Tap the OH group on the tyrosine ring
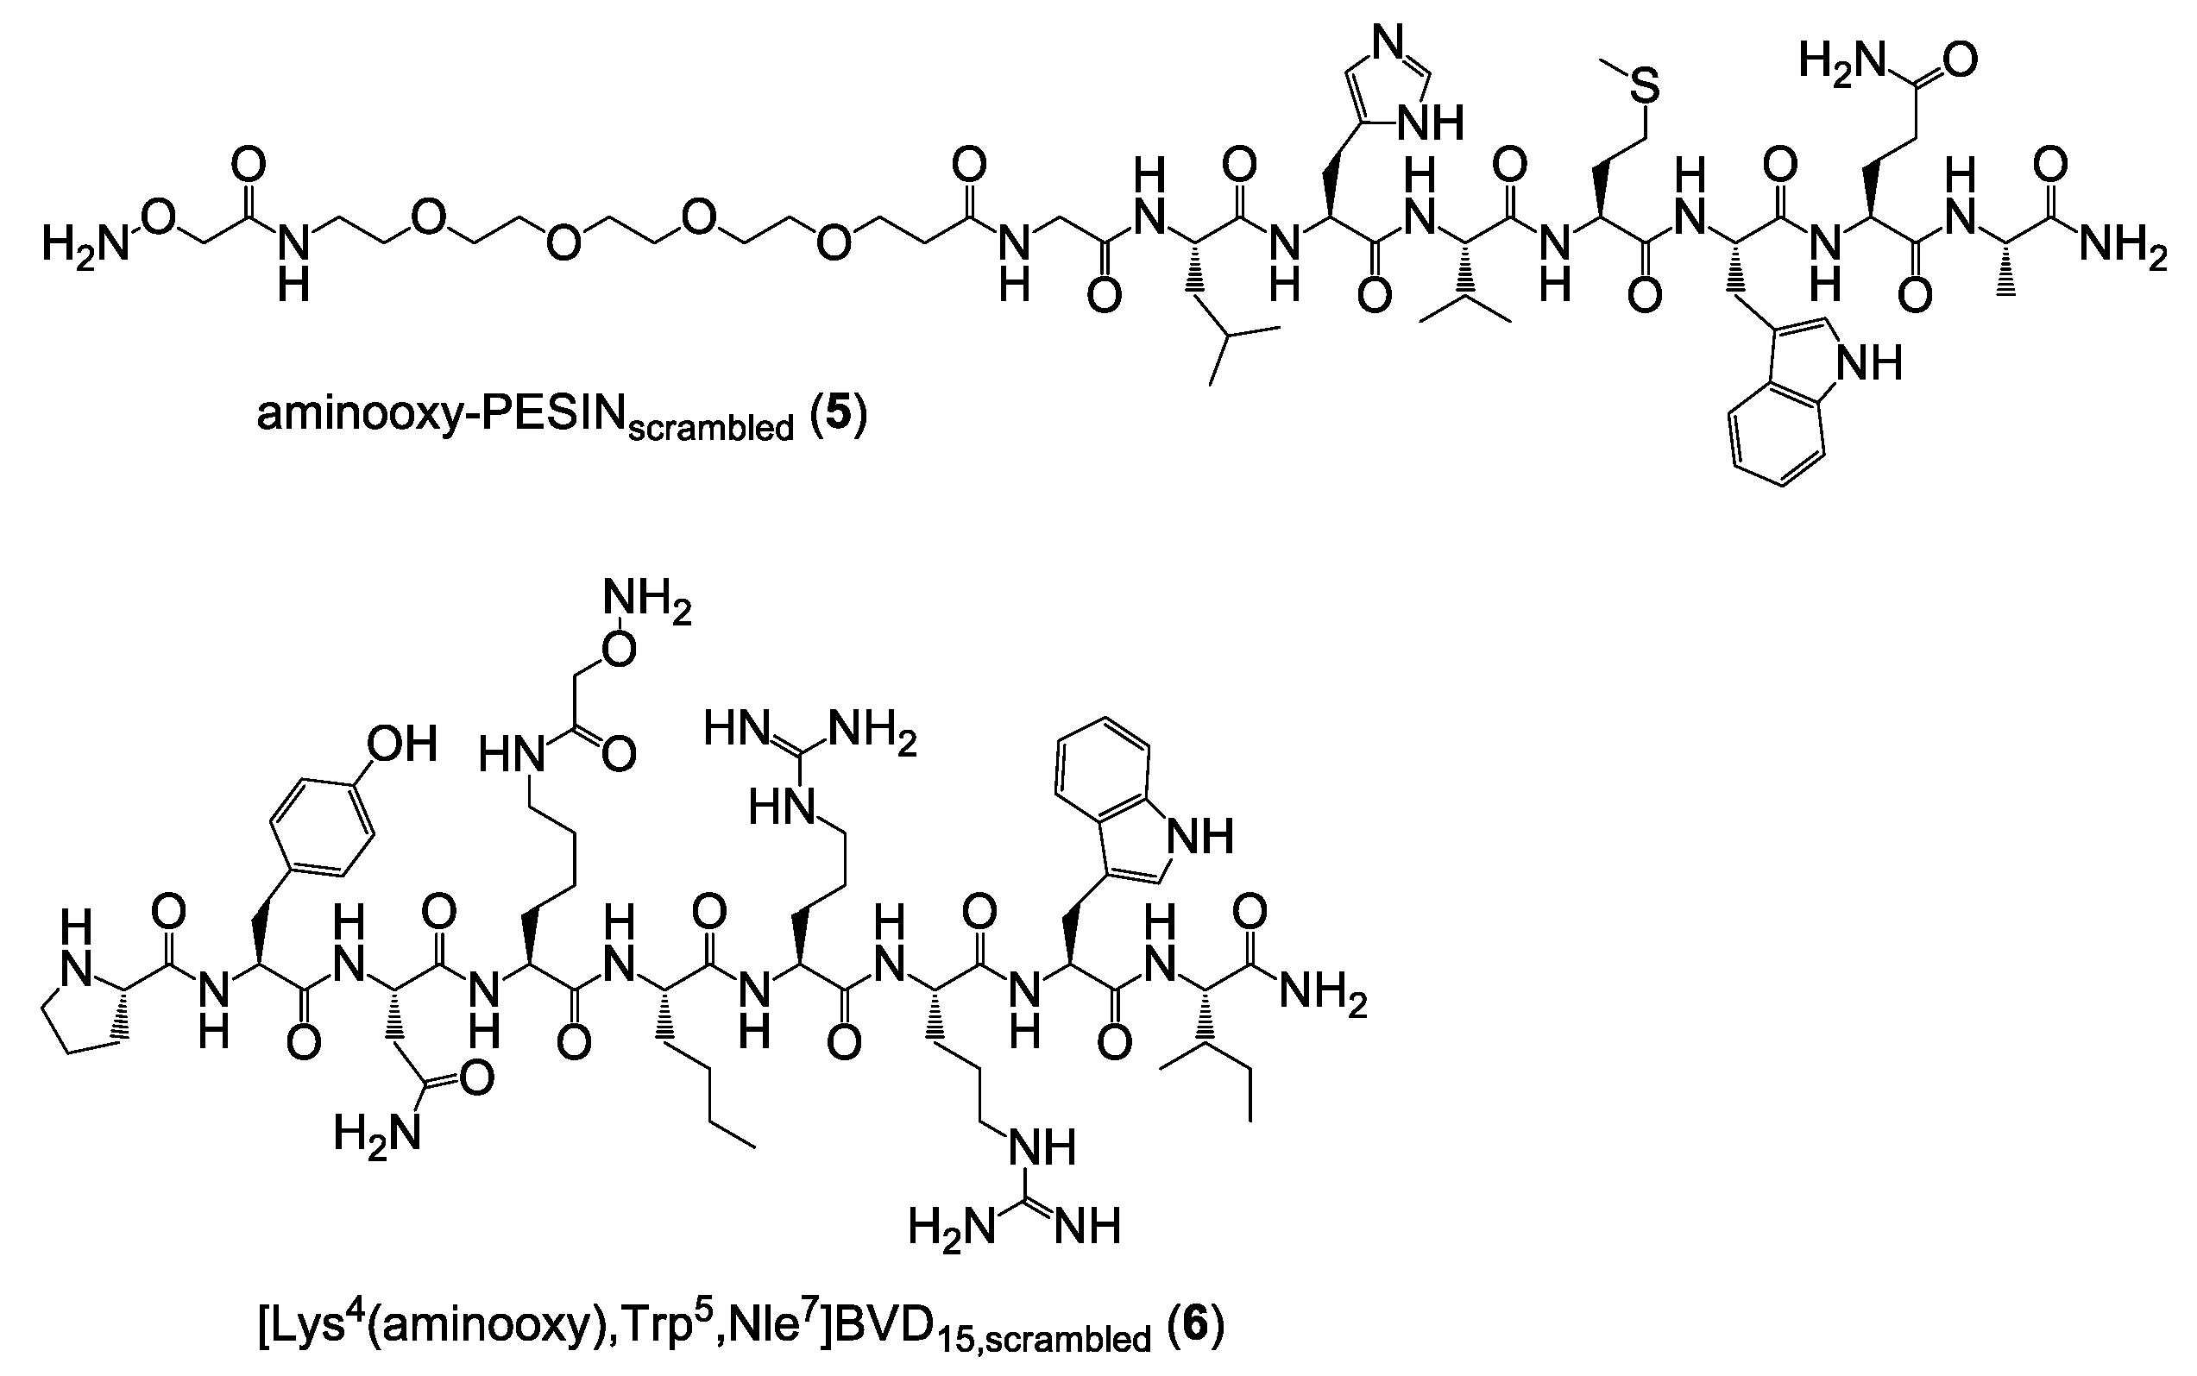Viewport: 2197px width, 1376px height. (401, 744)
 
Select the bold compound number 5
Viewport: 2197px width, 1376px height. (837, 414)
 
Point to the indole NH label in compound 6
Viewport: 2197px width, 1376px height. (1200, 836)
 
